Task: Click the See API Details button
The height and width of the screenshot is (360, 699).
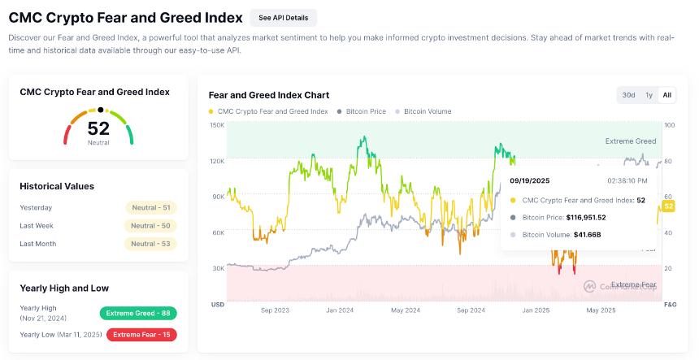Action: pyautogui.click(x=283, y=18)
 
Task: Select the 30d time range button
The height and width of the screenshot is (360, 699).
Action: pyautogui.click(x=628, y=95)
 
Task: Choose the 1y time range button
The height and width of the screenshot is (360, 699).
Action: pyautogui.click(x=649, y=95)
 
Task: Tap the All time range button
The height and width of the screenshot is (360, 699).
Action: pyautogui.click(x=666, y=95)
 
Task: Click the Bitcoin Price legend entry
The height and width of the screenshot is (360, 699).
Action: pyautogui.click(x=361, y=111)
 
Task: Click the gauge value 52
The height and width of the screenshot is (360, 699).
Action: pyautogui.click(x=98, y=128)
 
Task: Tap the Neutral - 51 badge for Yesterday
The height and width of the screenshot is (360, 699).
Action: pyautogui.click(x=150, y=207)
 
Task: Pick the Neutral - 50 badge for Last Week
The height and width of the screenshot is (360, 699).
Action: pyautogui.click(x=150, y=225)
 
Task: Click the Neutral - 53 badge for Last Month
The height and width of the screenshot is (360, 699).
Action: pyautogui.click(x=150, y=244)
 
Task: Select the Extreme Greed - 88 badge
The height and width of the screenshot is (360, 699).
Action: pyautogui.click(x=138, y=313)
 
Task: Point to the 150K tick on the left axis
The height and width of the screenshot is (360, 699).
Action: pyautogui.click(x=217, y=125)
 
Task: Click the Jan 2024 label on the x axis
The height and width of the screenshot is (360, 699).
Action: pyautogui.click(x=340, y=310)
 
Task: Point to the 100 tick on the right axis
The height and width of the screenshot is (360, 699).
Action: pyautogui.click(x=669, y=125)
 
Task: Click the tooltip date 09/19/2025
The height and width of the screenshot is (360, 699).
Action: pyautogui.click(x=529, y=180)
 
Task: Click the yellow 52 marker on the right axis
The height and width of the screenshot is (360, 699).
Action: pyautogui.click(x=669, y=206)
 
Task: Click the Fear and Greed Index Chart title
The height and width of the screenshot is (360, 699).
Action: pyautogui.click(x=269, y=95)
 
